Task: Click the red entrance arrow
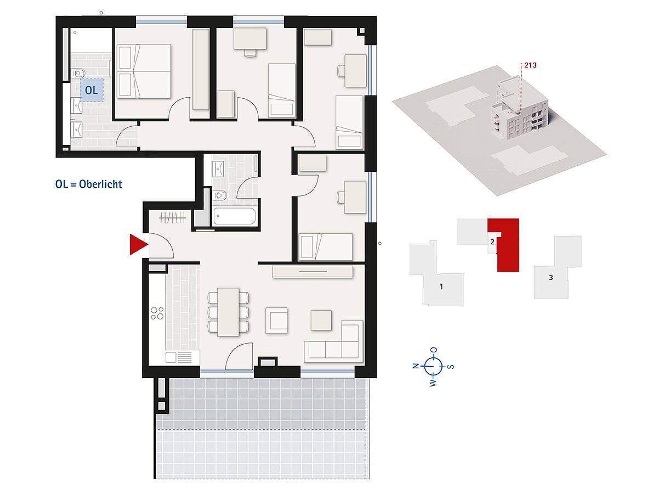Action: tap(137, 244)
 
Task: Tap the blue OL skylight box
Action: tap(92, 90)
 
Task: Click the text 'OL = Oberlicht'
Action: tap(89, 184)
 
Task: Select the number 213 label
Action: tap(530, 65)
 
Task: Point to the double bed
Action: tap(144, 71)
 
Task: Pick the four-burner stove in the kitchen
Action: tap(157, 313)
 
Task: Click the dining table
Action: tap(229, 312)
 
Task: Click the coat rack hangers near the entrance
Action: tap(172, 218)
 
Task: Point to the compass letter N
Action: tap(416, 366)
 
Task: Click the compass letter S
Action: tap(451, 367)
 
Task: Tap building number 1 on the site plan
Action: tap(441, 287)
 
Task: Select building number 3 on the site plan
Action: tap(551, 277)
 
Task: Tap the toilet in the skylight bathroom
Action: tap(78, 72)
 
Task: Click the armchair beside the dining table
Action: tap(276, 321)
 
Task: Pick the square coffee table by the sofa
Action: tap(321, 321)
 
